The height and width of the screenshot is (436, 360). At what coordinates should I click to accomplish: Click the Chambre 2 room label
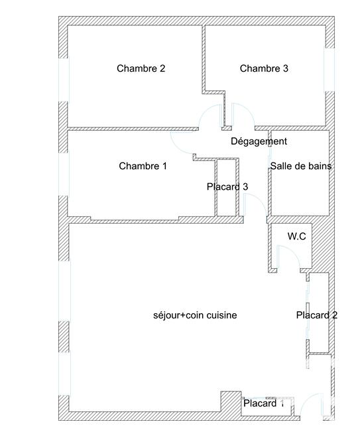pos(141,68)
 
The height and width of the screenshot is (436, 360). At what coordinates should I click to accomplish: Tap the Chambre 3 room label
pos(264,68)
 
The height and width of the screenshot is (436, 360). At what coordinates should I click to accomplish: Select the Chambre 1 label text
pos(143,166)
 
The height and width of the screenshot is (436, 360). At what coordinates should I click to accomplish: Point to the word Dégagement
pos(259,141)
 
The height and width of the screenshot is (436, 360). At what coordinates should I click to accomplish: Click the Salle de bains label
pos(300,166)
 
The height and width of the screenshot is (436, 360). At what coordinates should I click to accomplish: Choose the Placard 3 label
pos(227,187)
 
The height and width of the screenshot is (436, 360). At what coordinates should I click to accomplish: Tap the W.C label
pos(296,236)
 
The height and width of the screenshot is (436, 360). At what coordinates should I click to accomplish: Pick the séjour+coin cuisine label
pos(194,315)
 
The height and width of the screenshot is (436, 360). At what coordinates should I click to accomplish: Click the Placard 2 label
pos(316,315)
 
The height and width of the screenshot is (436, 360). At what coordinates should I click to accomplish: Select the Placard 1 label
pos(263,403)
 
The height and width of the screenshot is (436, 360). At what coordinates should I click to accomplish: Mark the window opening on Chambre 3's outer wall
pos(327,70)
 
